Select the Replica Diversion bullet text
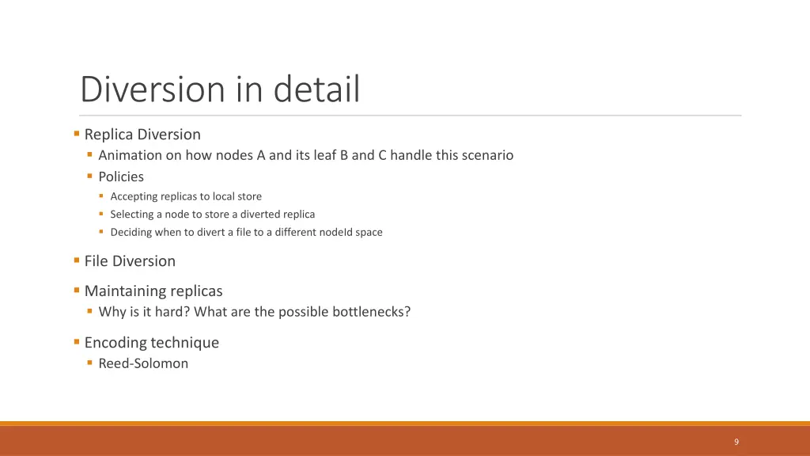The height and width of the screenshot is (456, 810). [x=142, y=135]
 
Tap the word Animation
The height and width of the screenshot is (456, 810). [x=130, y=155]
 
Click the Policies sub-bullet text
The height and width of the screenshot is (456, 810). [x=121, y=177]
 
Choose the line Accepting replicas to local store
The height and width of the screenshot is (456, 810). [x=186, y=196]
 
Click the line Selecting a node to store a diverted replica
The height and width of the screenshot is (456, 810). [x=212, y=214]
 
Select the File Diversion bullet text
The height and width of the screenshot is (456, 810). [x=130, y=261]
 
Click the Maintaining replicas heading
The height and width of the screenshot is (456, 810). [x=153, y=291]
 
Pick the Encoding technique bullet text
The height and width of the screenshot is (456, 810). [x=152, y=343]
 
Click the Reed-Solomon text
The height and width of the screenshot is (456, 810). [x=143, y=363]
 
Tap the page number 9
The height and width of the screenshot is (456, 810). [x=736, y=442]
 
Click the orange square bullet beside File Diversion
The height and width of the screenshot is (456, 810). [x=77, y=260]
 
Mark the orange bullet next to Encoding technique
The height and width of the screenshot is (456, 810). [x=77, y=342]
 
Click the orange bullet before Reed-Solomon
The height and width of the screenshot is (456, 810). [x=90, y=363]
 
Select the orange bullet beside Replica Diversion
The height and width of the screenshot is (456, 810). [x=77, y=134]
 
